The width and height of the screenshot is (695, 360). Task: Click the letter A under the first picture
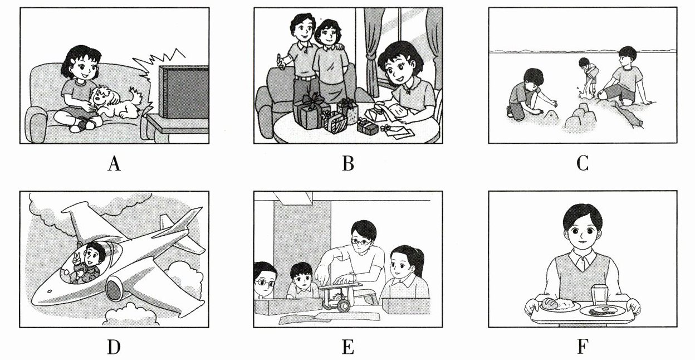pyautogui.click(x=114, y=163)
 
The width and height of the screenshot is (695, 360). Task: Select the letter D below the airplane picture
pyautogui.click(x=114, y=347)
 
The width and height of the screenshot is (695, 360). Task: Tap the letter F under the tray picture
pyautogui.click(x=583, y=347)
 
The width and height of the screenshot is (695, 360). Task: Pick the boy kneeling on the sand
pyautogui.click(x=527, y=93)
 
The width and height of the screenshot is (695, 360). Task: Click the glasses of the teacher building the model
pyautogui.click(x=361, y=241)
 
